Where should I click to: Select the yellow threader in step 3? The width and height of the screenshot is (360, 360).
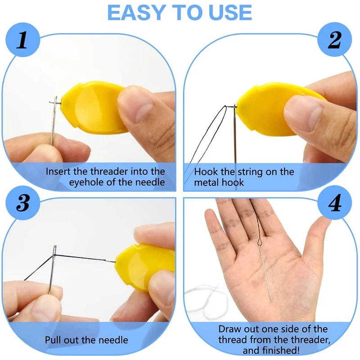pyautogui.click(x=144, y=265)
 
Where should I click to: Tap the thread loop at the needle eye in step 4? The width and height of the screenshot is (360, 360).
pyautogui.click(x=261, y=243)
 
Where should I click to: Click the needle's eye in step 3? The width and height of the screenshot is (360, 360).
pyautogui.click(x=55, y=248)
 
